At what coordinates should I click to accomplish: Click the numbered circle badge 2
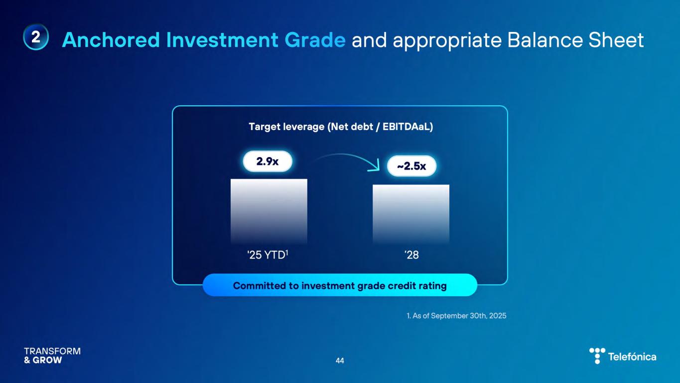[36, 37]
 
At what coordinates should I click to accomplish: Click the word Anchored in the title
[111, 40]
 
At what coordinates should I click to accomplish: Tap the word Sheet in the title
[616, 40]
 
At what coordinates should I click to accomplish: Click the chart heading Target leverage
[286, 127]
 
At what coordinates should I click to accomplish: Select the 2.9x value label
[268, 162]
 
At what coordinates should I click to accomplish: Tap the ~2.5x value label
[411, 166]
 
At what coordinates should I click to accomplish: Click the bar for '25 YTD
[269, 211]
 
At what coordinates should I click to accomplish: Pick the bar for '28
[411, 214]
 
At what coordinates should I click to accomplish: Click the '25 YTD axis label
[268, 255]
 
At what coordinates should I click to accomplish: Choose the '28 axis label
[411, 255]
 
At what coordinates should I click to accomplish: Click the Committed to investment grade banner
[340, 285]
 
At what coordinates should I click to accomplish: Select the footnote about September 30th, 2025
[456, 316]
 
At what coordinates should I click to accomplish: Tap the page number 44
[340, 361]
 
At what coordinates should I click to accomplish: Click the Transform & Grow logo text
[52, 356]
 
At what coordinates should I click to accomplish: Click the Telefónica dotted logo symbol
[597, 356]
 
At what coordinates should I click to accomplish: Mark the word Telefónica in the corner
[632, 357]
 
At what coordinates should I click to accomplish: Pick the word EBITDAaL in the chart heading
[408, 127]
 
